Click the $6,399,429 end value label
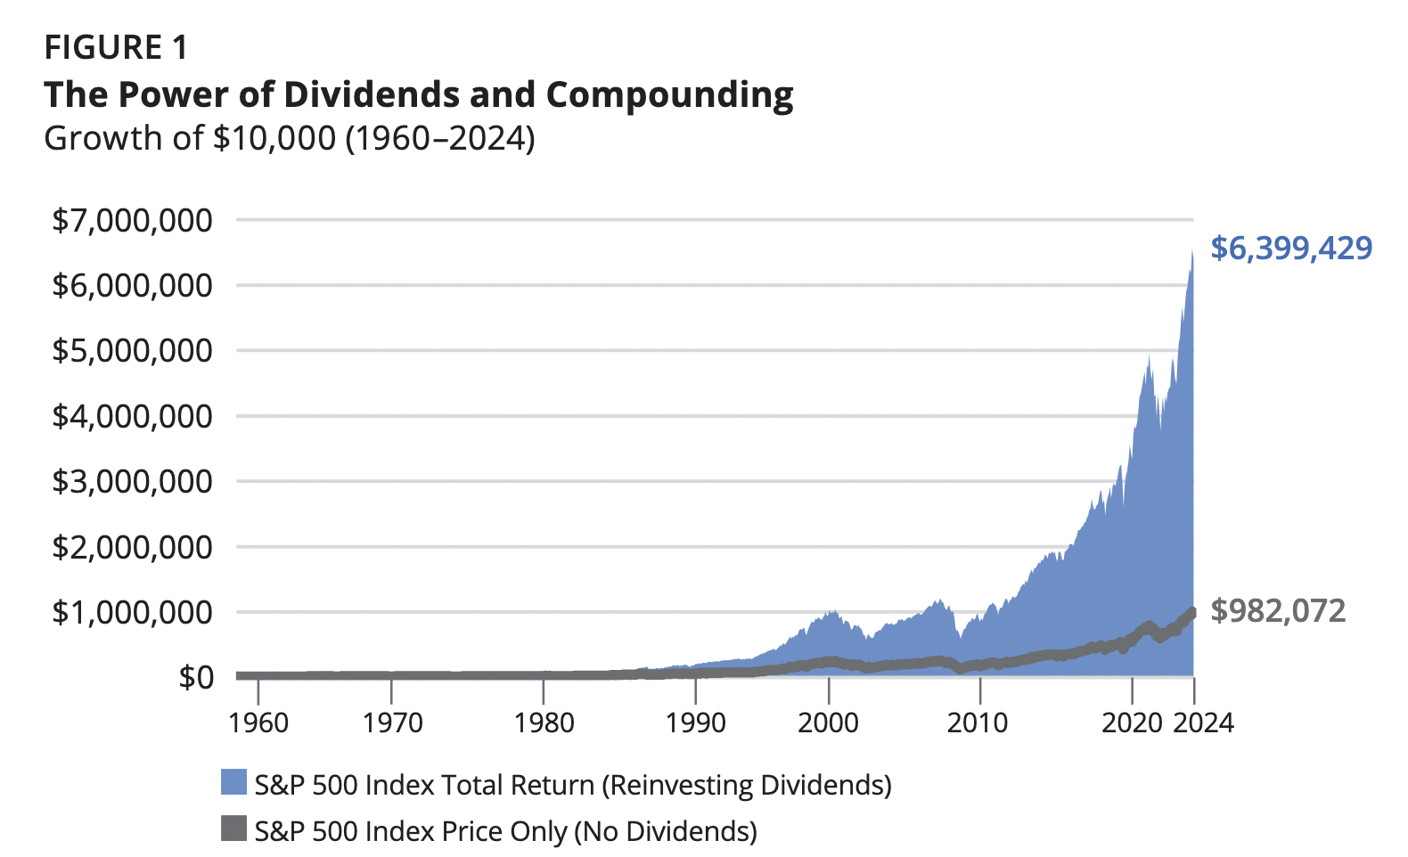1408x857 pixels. coord(1290,248)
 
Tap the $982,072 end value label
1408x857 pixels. coord(1278,611)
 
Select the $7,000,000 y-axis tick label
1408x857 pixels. coord(132,220)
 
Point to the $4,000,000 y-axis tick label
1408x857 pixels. coord(132,416)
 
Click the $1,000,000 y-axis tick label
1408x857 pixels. coord(132,612)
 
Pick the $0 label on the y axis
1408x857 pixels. coord(196,677)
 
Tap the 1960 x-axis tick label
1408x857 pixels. coord(258,722)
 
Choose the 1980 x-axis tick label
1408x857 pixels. coord(544,722)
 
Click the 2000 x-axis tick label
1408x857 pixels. coord(829,722)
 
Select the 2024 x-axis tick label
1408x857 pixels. coord(1203,722)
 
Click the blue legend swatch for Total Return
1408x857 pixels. coord(233,782)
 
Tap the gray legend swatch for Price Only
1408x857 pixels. coord(233,828)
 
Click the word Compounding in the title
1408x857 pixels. coord(669,95)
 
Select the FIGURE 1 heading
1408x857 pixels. coord(116,47)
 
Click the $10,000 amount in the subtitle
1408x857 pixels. coord(274,139)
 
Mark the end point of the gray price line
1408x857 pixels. coord(1192,612)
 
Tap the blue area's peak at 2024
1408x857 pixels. coord(1191,252)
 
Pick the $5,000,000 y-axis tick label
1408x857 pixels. coord(132,351)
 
